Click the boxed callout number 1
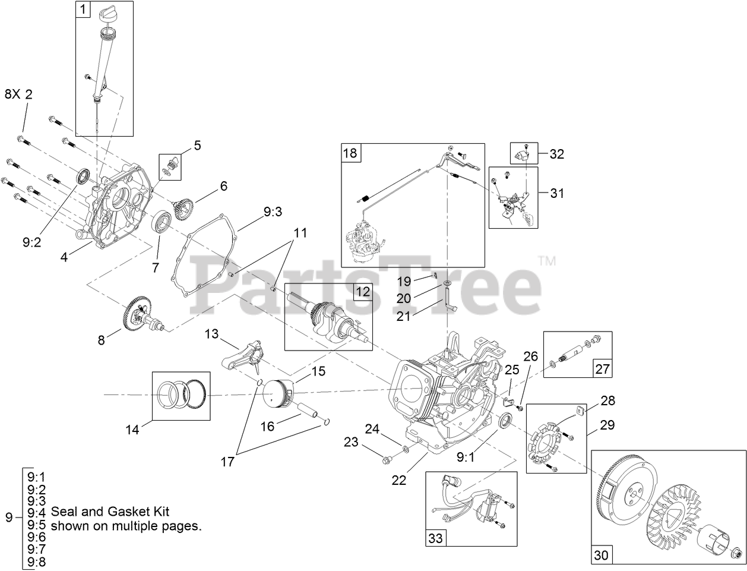pyautogui.click(x=83, y=10)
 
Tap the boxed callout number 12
pyautogui.click(x=362, y=292)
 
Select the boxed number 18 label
pyautogui.click(x=350, y=153)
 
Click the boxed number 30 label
pyautogui.click(x=601, y=555)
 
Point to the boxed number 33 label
pyautogui.click(x=435, y=538)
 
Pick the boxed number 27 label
pyautogui.click(x=602, y=368)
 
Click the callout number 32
pyautogui.click(x=556, y=154)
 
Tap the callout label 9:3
pyautogui.click(x=273, y=211)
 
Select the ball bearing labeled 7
pyautogui.click(x=162, y=224)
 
